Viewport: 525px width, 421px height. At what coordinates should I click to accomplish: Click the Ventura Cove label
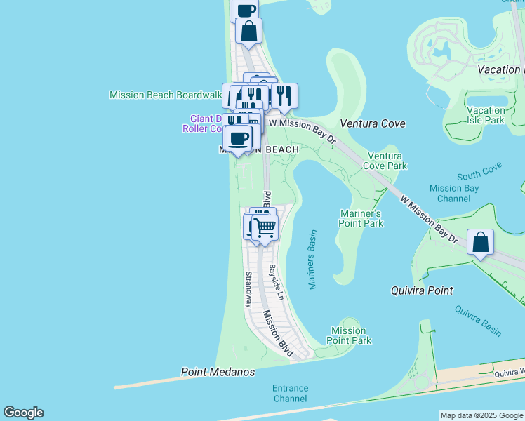point(373,123)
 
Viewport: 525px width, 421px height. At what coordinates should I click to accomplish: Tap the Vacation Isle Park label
point(486,115)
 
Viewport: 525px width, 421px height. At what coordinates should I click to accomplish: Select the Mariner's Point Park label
point(361,218)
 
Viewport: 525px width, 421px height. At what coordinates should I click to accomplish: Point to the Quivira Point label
point(421,290)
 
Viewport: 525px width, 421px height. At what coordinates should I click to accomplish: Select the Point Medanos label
point(218,372)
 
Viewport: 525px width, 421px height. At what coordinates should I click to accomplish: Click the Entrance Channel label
point(290,393)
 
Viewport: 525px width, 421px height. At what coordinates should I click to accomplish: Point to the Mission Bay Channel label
point(454,193)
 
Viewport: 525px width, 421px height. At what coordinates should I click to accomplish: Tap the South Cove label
point(479,171)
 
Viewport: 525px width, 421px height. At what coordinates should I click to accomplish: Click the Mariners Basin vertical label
point(312,260)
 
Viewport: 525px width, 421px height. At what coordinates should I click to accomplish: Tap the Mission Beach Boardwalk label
point(166,95)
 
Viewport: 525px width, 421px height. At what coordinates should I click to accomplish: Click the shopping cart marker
point(265,227)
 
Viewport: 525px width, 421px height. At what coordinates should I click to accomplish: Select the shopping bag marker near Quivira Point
point(480,243)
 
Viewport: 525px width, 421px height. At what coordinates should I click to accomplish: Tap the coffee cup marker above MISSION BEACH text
point(239,138)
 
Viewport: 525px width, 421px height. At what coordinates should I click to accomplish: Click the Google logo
point(23,413)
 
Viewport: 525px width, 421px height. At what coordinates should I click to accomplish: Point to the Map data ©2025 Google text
point(481,415)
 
